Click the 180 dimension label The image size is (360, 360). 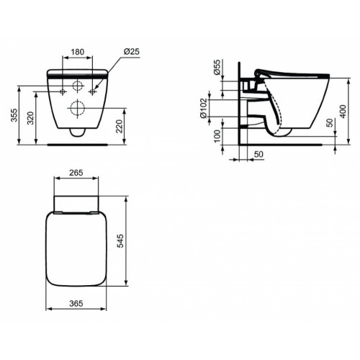pos(80,53)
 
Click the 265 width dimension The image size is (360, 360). pos(80,173)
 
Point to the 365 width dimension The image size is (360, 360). pos(80,305)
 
